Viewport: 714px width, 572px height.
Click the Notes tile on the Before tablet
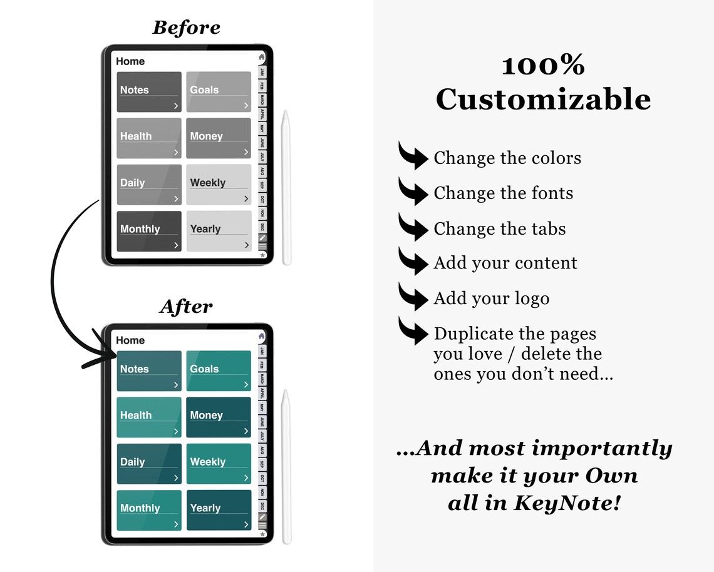click(149, 92)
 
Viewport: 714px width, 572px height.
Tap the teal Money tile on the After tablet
click(219, 417)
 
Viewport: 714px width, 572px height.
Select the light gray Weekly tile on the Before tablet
click(219, 185)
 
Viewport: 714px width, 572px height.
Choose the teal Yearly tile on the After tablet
click(219, 510)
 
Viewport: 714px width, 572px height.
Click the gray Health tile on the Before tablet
click(149, 138)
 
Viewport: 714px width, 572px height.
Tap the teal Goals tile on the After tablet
click(219, 371)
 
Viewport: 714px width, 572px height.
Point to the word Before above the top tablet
click(186, 28)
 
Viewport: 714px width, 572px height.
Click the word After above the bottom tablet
click(186, 307)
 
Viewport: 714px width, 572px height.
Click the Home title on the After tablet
click(130, 340)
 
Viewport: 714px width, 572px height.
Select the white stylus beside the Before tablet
click(286, 188)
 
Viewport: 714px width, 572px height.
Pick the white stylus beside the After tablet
click(286, 466)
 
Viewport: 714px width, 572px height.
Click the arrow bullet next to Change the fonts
click(413, 192)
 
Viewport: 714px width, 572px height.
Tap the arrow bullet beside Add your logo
click(413, 297)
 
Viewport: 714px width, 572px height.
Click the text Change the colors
click(507, 158)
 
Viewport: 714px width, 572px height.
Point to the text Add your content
click(505, 263)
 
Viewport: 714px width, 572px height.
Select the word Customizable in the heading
click(543, 100)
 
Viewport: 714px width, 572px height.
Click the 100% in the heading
click(543, 65)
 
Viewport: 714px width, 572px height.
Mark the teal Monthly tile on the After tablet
click(149, 510)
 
